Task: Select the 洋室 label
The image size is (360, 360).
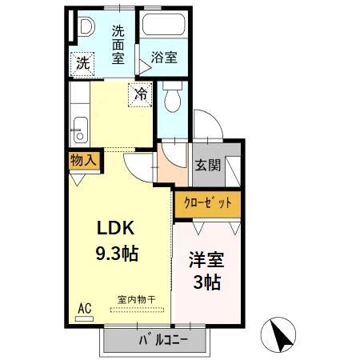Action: (x=205, y=260)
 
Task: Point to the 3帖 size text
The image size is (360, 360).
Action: (x=206, y=282)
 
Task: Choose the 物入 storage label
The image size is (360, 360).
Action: (x=83, y=160)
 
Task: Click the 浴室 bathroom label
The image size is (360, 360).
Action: (x=164, y=58)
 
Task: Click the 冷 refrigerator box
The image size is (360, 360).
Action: (x=141, y=94)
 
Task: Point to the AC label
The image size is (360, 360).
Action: (x=84, y=307)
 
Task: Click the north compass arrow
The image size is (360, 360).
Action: (x=279, y=334)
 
